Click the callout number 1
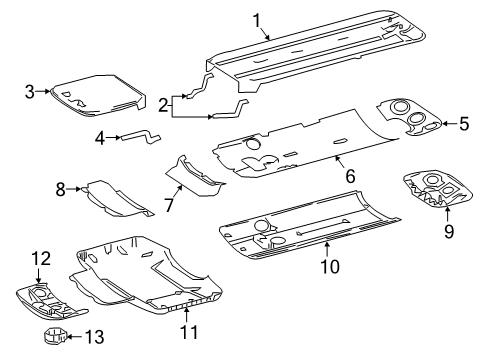[256, 19]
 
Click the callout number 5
[463, 124]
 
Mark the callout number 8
[60, 187]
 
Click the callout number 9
[447, 232]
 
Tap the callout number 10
[329, 267]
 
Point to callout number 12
[39, 260]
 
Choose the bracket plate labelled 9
[427, 189]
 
